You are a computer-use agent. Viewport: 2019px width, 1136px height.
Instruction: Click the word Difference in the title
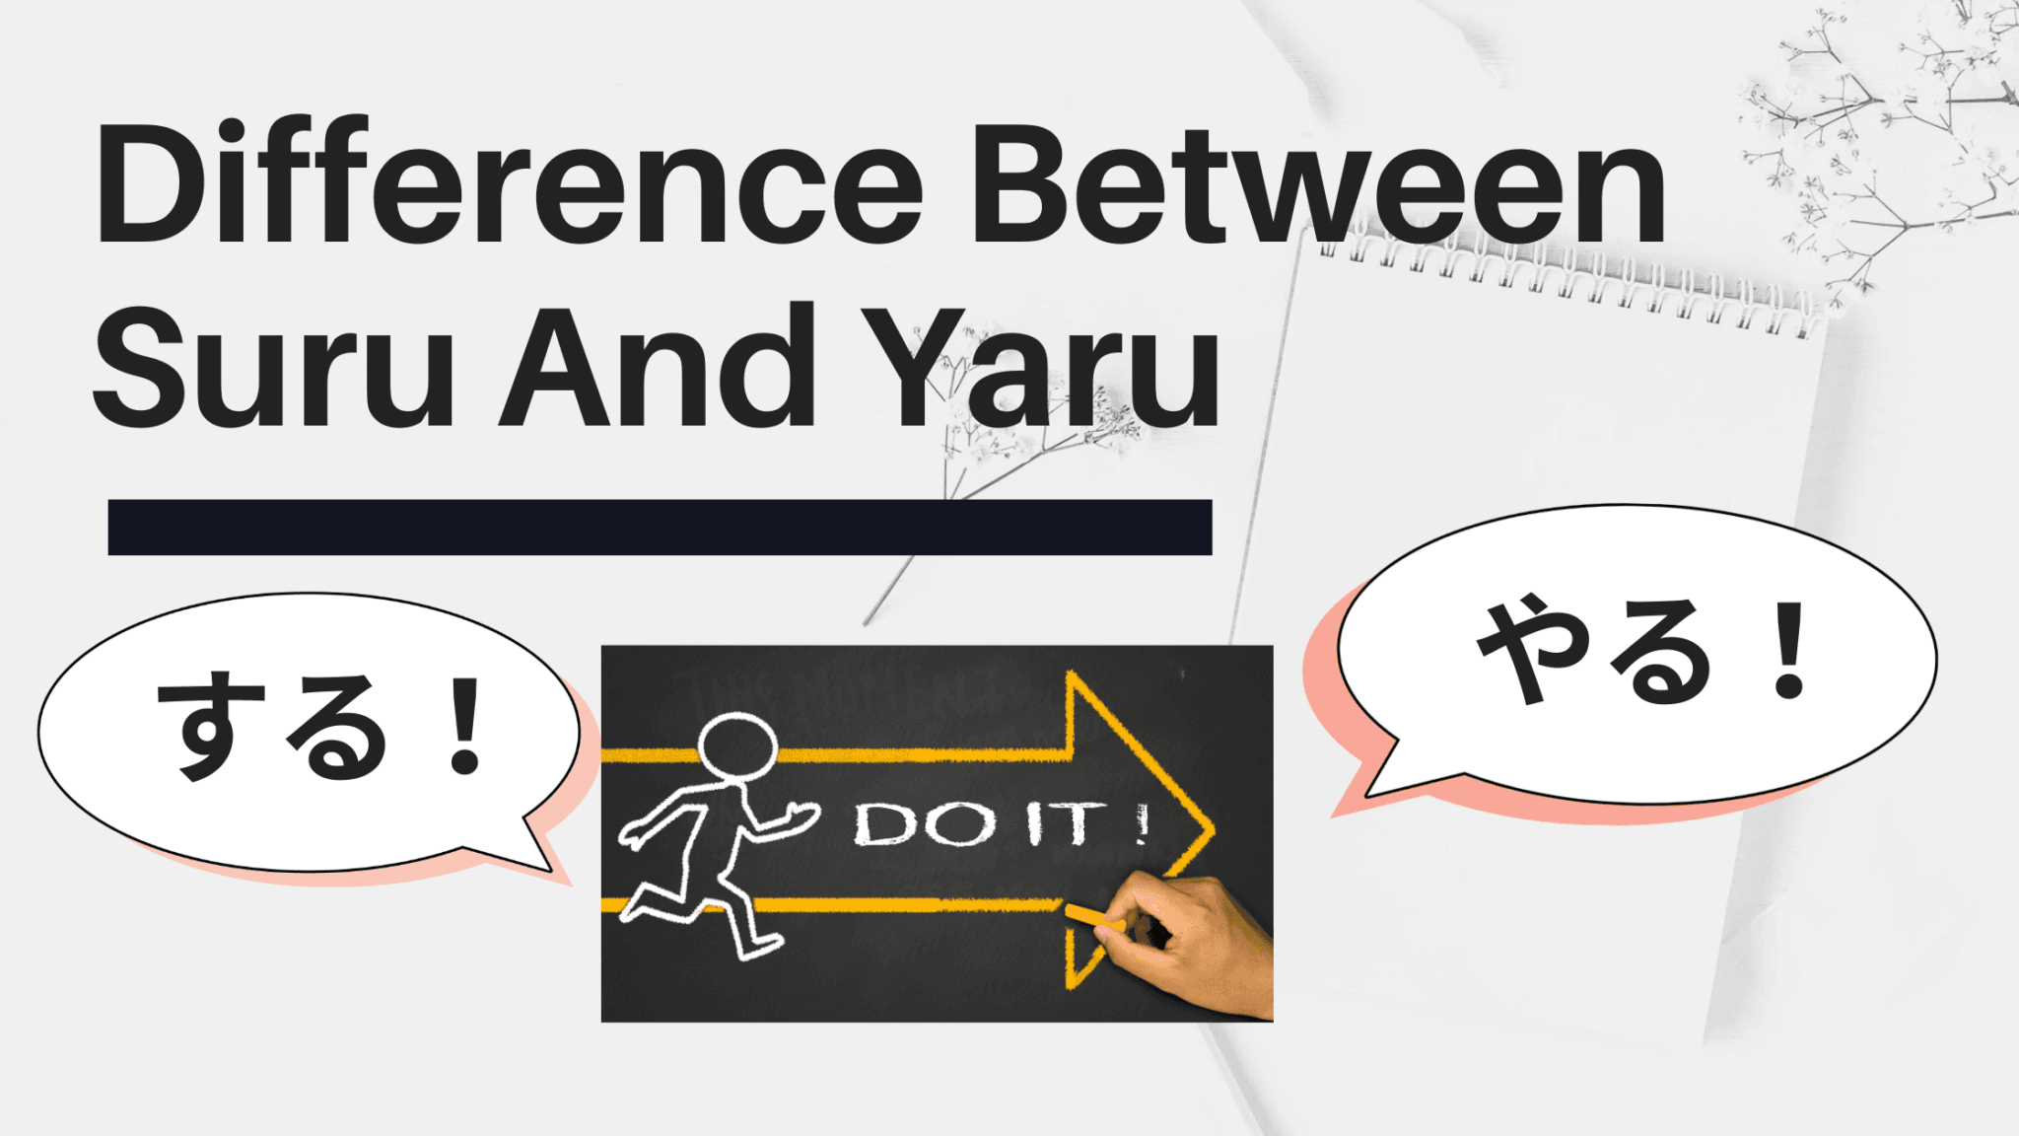pyautogui.click(x=508, y=184)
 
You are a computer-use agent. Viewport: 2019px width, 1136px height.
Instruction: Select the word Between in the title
pyautogui.click(x=1318, y=184)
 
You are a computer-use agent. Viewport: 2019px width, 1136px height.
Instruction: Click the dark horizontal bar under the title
pyautogui.click(x=660, y=528)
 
